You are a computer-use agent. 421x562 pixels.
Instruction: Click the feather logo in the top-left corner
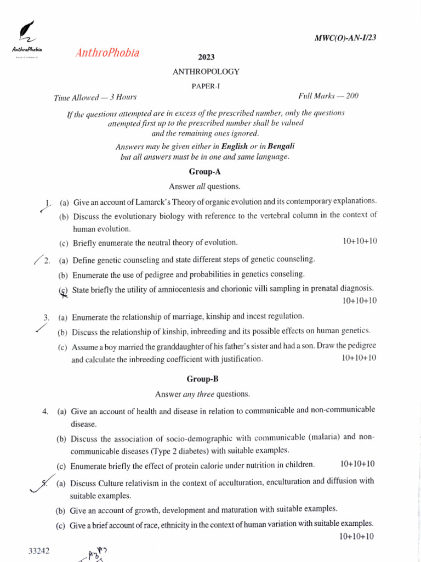point(25,32)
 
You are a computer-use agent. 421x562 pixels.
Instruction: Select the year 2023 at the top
point(206,57)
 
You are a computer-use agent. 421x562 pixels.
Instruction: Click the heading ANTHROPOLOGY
point(206,71)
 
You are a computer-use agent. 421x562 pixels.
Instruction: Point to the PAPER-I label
point(206,86)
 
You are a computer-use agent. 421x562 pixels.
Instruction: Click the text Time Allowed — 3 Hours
point(95,98)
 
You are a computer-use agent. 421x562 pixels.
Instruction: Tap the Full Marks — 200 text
point(328,96)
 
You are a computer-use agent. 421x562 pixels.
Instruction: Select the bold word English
point(234,147)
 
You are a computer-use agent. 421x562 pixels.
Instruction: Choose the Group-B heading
point(202,379)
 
